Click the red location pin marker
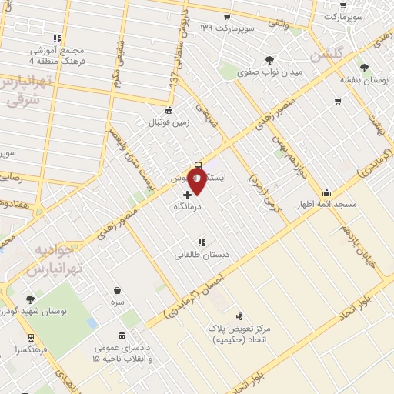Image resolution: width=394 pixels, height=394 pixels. (198, 181)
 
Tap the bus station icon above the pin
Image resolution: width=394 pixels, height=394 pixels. (199, 164)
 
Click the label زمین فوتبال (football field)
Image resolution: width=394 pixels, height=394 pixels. (169, 122)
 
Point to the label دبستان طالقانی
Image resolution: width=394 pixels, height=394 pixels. (200, 254)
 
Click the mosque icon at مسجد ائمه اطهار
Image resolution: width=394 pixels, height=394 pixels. (327, 193)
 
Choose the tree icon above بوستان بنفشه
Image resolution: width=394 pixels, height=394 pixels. (364, 68)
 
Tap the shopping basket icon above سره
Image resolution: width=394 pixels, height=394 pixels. (118, 291)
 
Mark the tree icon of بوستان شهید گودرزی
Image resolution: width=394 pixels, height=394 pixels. (30, 299)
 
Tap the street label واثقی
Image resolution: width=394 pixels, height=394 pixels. (276, 25)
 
